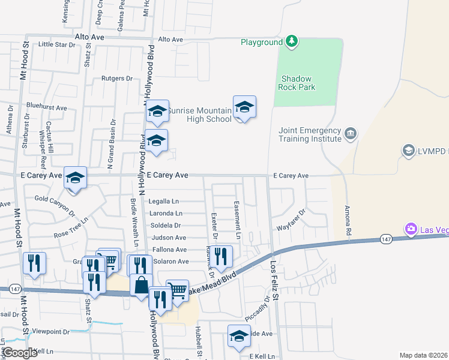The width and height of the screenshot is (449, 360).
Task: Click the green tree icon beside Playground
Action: (x=291, y=41)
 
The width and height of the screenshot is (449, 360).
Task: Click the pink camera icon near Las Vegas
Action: (x=411, y=229)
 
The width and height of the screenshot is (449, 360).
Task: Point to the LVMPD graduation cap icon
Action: (x=408, y=150)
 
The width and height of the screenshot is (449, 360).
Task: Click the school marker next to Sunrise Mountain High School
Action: (x=244, y=108)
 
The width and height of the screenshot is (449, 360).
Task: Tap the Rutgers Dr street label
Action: (x=116, y=79)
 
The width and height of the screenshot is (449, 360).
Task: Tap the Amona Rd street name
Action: (x=347, y=221)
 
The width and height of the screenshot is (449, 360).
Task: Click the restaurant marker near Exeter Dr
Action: (x=221, y=257)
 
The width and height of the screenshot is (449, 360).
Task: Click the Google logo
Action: (x=21, y=353)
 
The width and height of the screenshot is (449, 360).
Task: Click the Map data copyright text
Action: (x=423, y=355)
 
